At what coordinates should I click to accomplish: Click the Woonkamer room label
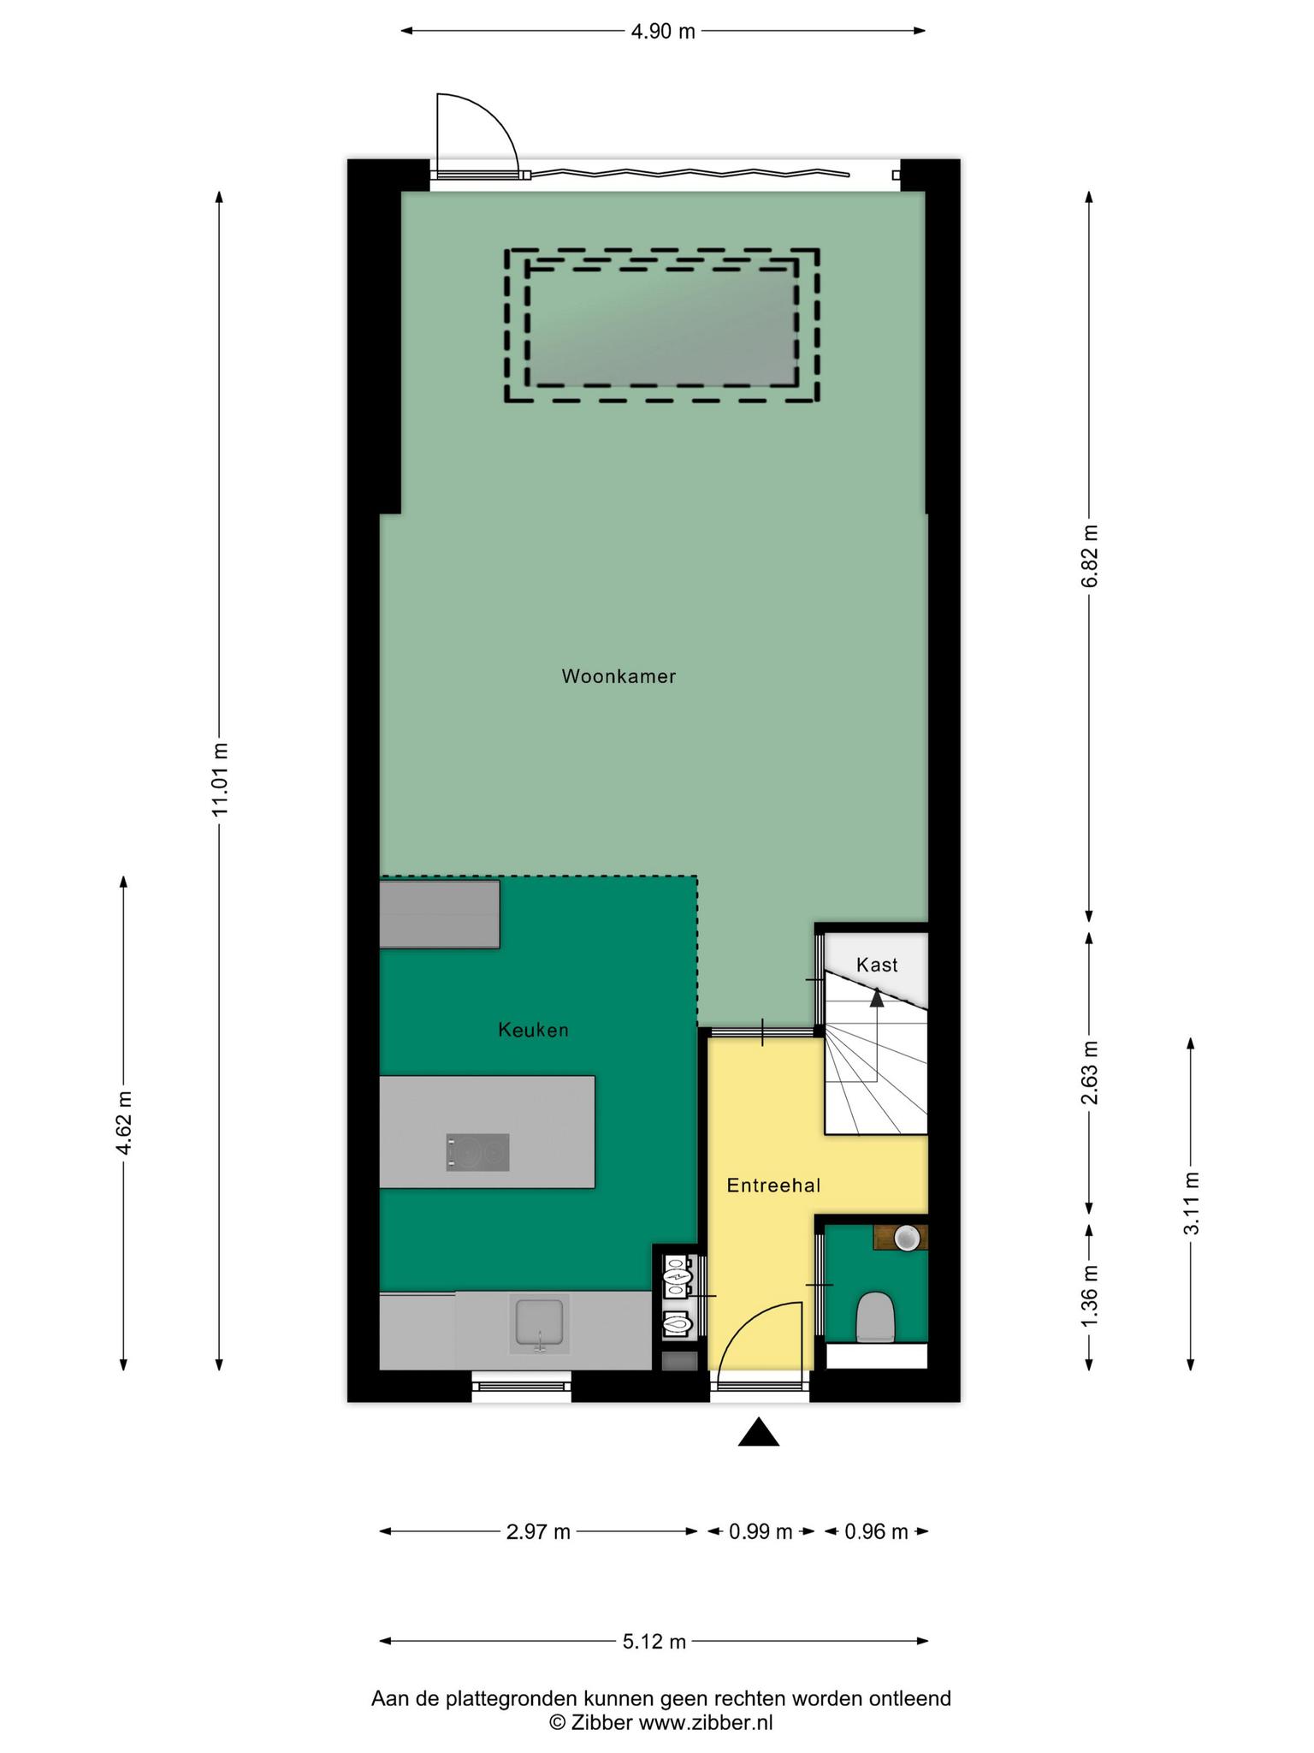coord(619,676)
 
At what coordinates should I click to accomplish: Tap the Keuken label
coord(533,1030)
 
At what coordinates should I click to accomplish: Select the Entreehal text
coord(773,1186)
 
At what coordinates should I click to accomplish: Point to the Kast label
coord(877,965)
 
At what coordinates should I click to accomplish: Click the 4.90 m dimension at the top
coord(663,32)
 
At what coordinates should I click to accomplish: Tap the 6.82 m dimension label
coord(1089,556)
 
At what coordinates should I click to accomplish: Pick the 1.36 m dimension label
coord(1089,1297)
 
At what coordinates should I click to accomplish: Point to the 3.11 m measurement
coord(1191,1203)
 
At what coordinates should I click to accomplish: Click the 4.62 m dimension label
coord(124,1122)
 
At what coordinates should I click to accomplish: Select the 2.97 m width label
coord(538,1531)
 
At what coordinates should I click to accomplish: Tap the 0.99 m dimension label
coord(761,1531)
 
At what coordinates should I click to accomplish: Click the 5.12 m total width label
coord(654,1641)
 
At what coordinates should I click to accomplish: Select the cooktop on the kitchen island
coord(478,1152)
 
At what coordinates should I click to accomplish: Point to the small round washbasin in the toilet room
coord(906,1236)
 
